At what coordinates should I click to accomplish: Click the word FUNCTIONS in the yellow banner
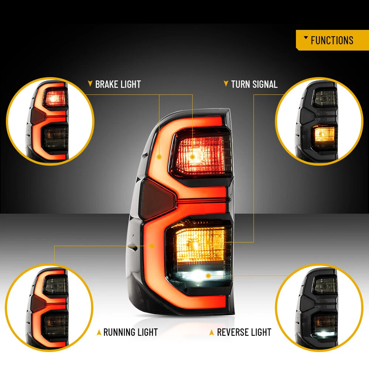click(332, 40)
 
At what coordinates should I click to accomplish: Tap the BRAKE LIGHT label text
click(118, 84)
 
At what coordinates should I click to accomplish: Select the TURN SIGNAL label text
click(254, 84)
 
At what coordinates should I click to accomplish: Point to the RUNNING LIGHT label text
click(131, 332)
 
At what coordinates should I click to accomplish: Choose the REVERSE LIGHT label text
click(244, 332)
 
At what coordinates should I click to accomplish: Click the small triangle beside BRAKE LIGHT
click(90, 83)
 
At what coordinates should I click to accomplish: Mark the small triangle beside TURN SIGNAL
click(226, 83)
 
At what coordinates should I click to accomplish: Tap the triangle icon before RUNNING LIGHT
click(99, 332)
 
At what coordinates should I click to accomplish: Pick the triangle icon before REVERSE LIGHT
click(212, 332)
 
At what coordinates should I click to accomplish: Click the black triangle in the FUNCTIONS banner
click(306, 37)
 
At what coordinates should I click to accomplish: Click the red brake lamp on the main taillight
click(201, 155)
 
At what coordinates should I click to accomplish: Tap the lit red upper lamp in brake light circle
click(55, 98)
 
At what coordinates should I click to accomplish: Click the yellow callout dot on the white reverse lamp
click(208, 276)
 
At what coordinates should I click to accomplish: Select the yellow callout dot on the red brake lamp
click(193, 157)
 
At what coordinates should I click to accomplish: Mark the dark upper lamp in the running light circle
click(56, 285)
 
